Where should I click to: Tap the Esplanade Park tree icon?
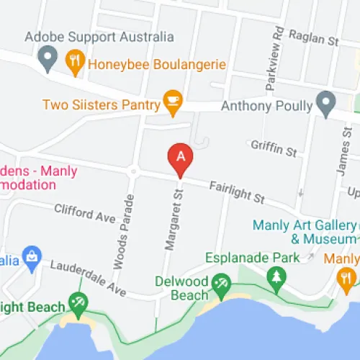[x=276, y=276]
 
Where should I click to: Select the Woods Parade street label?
[x=123, y=230]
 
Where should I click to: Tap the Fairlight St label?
[x=237, y=192]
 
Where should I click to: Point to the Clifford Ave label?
[x=85, y=212]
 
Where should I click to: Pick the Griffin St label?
[x=274, y=149]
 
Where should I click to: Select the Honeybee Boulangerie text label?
[x=156, y=64]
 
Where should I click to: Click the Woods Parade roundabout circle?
[x=132, y=171]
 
